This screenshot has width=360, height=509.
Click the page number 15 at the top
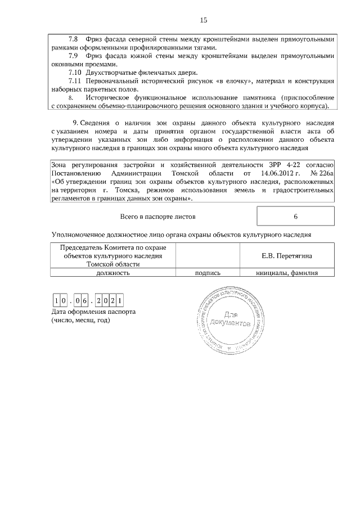(203, 20)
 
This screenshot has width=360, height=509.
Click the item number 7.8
(74, 39)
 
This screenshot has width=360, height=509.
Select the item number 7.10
(75, 73)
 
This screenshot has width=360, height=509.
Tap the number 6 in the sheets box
(295, 216)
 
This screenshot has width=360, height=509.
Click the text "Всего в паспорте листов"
(158, 216)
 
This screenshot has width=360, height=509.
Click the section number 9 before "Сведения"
(75, 123)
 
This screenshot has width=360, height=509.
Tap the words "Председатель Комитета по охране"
(113, 247)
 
